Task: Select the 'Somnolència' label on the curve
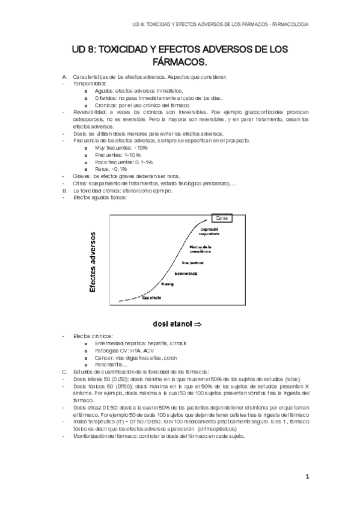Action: coord(186,274)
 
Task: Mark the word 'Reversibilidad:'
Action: coord(91,112)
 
